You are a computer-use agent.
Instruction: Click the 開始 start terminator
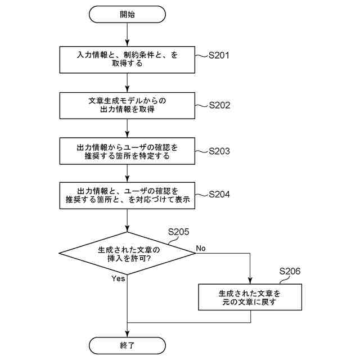point(128,15)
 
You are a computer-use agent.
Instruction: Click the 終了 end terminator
point(128,345)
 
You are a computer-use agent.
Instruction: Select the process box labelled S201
point(128,59)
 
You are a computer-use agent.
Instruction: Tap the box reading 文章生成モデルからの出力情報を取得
point(128,105)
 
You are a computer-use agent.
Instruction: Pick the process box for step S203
point(128,151)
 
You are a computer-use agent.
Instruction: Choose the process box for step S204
point(128,195)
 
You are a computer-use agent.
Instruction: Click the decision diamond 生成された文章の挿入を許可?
point(128,253)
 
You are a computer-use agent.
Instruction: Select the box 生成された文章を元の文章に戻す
point(250,297)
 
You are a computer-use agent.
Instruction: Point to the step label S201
point(219,56)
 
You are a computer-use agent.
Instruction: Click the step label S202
point(219,105)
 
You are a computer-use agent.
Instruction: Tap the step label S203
point(219,151)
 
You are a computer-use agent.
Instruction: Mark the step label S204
point(219,195)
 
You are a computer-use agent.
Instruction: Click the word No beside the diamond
point(201,248)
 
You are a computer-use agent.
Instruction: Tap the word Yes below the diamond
point(118,278)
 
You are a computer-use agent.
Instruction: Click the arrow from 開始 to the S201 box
point(128,34)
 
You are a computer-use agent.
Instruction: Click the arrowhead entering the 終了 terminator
point(128,334)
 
